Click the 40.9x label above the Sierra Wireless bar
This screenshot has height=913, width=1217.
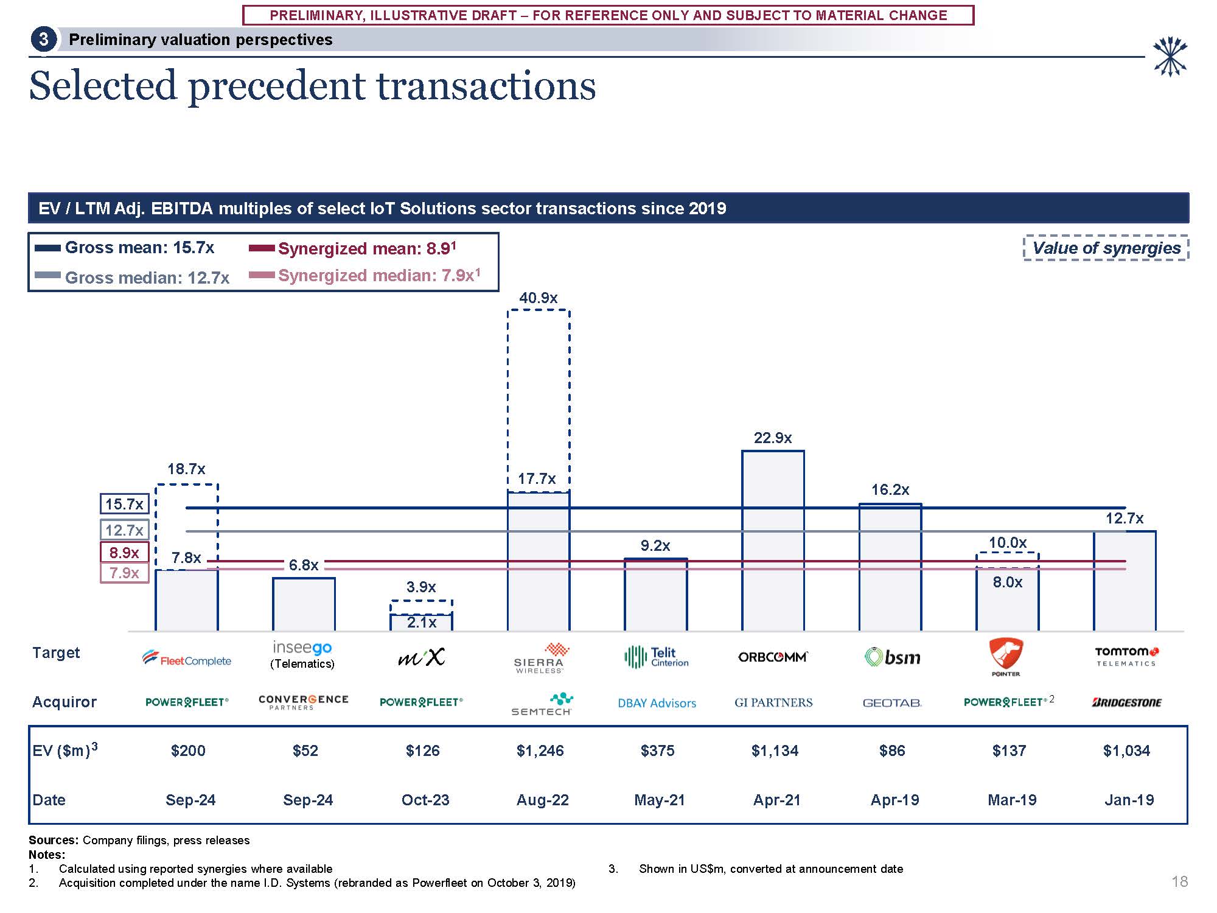[538, 298]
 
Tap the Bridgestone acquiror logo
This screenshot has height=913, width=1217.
[1126, 702]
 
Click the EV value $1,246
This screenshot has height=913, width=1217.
[540, 750]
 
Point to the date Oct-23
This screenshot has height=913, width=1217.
[425, 800]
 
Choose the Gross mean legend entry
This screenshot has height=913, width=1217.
[125, 248]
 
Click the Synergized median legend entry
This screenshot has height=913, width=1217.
[365, 276]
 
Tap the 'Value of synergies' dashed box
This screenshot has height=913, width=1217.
[1106, 248]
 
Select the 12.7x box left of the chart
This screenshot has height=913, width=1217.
[124, 530]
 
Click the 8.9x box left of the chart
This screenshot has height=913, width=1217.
[124, 553]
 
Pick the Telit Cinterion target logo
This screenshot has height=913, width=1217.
[657, 657]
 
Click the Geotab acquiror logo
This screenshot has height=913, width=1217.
[892, 703]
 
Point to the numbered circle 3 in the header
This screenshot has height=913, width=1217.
[43, 40]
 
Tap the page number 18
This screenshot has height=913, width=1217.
[1179, 881]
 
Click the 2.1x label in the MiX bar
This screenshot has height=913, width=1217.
[421, 623]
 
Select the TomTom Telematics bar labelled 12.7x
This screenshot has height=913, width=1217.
[1125, 581]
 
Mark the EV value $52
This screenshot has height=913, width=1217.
[305, 750]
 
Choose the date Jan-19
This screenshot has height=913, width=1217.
[1129, 800]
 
